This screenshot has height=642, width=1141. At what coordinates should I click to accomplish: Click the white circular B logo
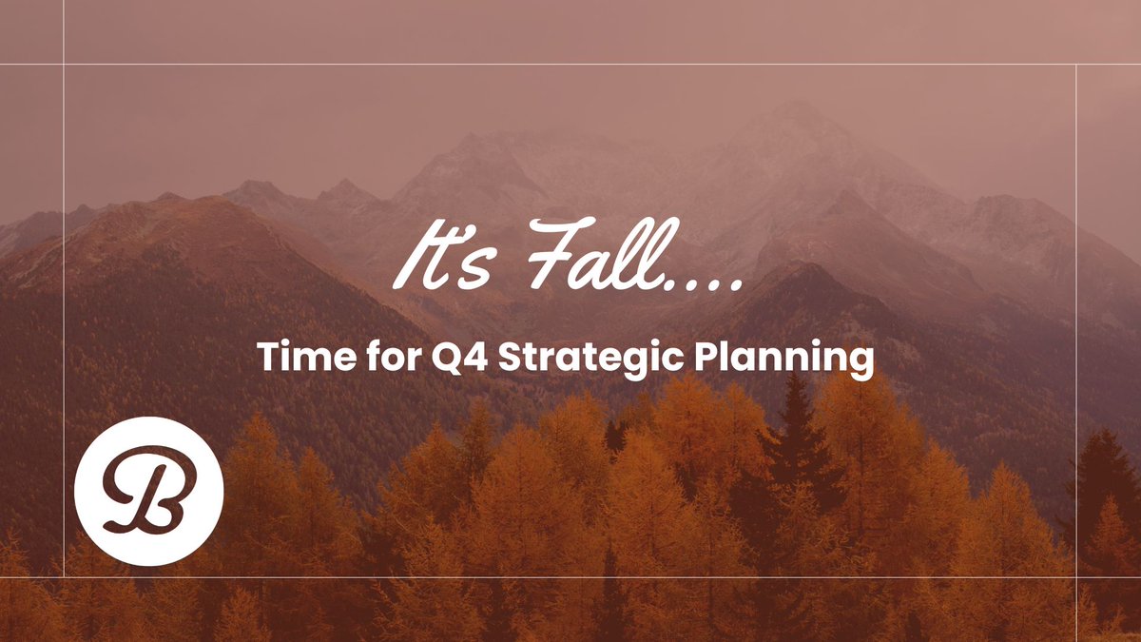pyautogui.click(x=148, y=491)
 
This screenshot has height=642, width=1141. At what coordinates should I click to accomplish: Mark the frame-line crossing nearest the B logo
pyautogui.click(x=64, y=576)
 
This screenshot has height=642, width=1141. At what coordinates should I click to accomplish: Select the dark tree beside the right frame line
pyautogui.click(x=1103, y=476)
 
